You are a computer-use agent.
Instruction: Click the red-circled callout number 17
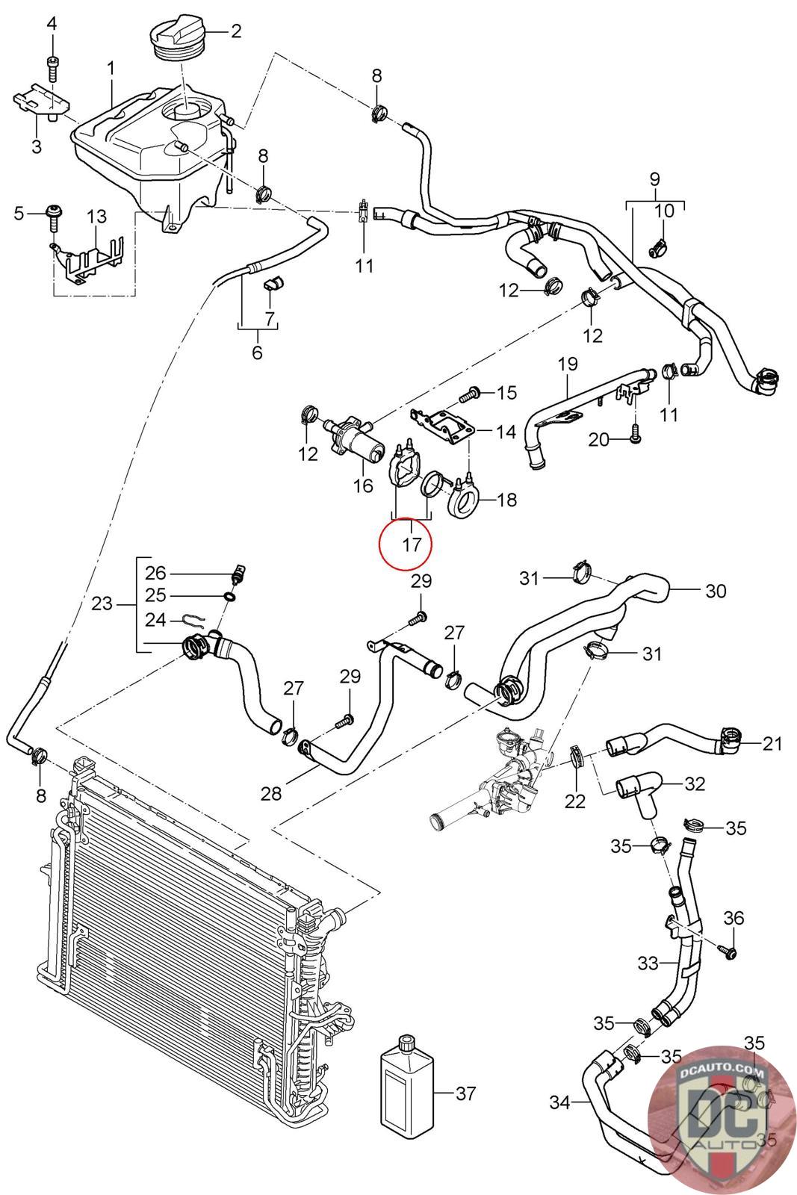pos(412,544)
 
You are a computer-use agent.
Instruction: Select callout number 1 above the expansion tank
pos(111,68)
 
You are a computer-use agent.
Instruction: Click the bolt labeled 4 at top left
pos(52,69)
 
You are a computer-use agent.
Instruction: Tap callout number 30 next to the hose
pos(716,591)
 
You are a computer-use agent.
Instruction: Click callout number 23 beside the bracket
pos(102,603)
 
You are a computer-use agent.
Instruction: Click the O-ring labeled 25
pos(230,596)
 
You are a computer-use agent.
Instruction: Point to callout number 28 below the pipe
pos(271,793)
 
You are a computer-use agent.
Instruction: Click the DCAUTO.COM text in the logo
pos(723,1071)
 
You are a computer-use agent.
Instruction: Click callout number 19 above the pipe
pos(568,364)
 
